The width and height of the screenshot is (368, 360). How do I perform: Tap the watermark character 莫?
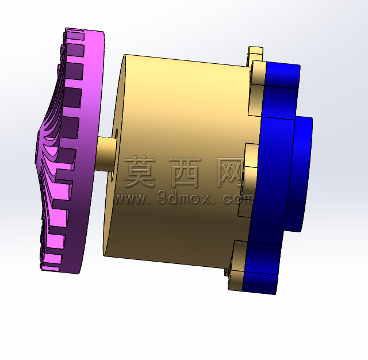(x=139, y=172)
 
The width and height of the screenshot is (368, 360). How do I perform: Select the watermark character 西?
(x=185, y=173)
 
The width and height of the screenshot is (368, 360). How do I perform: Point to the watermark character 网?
(x=230, y=173)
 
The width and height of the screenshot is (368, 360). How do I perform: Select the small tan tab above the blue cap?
(x=255, y=53)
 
